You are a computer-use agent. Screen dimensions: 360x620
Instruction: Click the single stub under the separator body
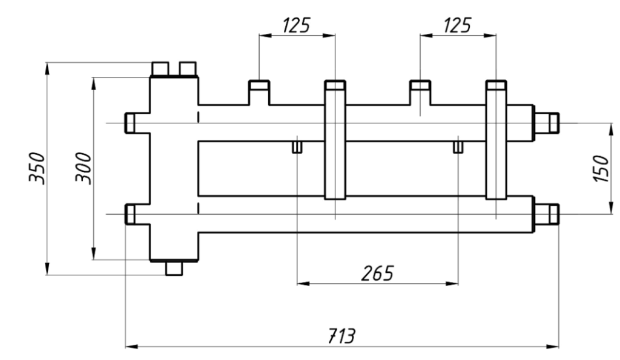174,267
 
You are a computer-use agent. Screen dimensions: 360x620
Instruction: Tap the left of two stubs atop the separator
160,68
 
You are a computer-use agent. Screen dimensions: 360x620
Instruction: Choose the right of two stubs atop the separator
188,68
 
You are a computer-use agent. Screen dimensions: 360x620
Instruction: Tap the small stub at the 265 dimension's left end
297,148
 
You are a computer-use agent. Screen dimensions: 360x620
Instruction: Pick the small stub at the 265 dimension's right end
458,148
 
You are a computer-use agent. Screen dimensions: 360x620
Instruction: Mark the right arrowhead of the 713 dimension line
554,347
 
